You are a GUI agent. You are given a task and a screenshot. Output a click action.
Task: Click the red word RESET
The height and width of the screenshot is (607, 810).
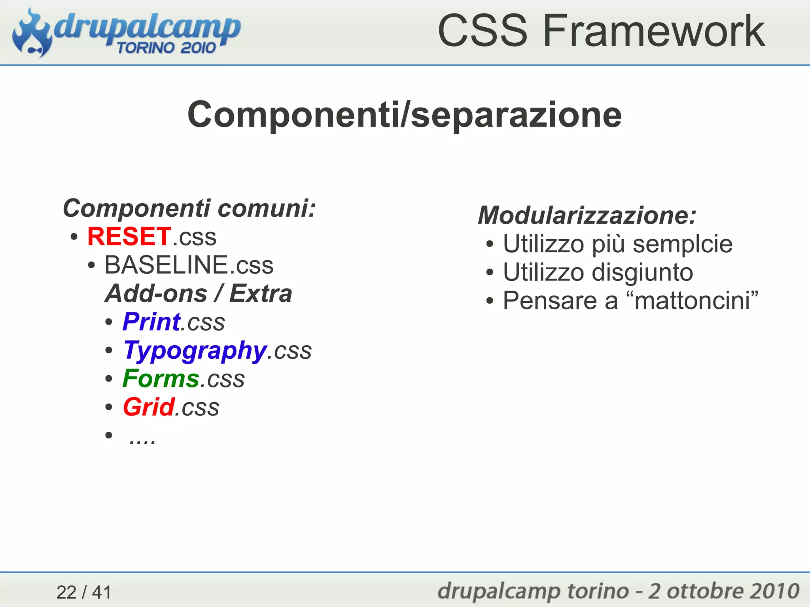click(x=129, y=236)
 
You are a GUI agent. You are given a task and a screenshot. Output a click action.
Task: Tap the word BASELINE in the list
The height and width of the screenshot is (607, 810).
click(x=166, y=265)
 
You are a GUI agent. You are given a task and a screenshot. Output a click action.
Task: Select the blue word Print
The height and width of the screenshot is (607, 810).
click(x=151, y=321)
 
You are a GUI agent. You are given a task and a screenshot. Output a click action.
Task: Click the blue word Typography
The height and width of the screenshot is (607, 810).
click(x=195, y=351)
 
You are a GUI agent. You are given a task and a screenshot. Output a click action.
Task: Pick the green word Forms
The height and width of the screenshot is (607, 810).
click(x=161, y=378)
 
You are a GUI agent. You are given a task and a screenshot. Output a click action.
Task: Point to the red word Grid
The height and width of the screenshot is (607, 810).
click(x=149, y=407)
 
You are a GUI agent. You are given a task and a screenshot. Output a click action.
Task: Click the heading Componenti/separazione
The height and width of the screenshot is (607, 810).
click(x=404, y=115)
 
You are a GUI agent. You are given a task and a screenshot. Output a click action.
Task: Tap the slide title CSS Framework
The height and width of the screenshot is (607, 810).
click(x=601, y=31)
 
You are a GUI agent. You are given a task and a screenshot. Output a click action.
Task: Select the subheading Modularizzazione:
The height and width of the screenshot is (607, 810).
click(x=587, y=216)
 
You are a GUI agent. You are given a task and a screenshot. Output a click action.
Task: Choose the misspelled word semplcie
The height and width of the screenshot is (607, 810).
click(x=682, y=244)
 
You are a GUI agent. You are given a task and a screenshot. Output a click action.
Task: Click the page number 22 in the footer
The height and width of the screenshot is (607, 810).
click(x=66, y=592)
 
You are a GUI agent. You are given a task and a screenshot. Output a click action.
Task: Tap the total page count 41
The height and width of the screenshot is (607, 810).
click(x=102, y=592)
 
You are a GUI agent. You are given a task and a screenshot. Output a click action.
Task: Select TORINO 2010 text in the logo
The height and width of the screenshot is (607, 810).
click(x=166, y=48)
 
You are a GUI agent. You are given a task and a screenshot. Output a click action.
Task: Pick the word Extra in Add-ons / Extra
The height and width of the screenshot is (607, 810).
click(x=260, y=293)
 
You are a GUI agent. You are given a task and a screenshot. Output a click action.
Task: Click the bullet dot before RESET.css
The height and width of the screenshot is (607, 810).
click(x=74, y=237)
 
